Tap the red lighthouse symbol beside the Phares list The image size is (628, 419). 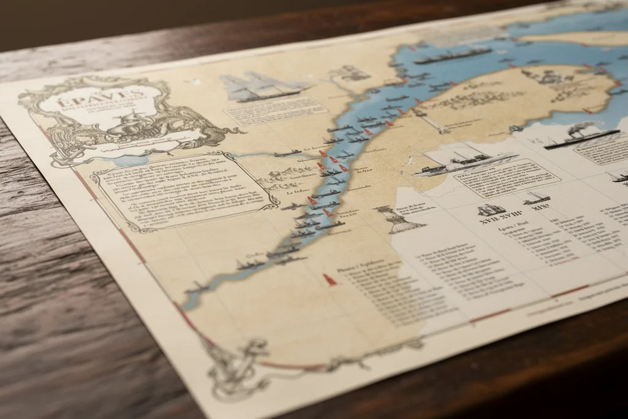tap(329, 279)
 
